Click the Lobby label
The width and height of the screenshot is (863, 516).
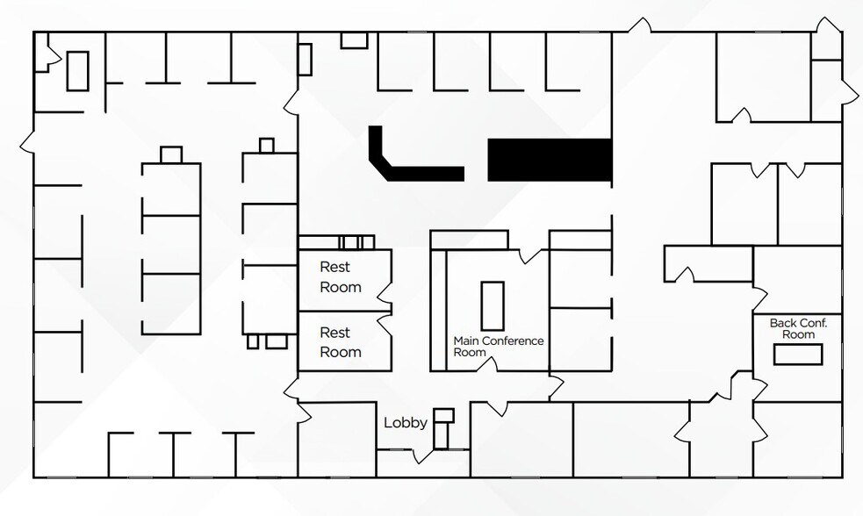pos(406,423)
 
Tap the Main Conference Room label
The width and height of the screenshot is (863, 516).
pos(498,347)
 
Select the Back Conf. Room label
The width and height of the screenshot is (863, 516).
pos(798,328)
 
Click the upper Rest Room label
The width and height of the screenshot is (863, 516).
pos(341,277)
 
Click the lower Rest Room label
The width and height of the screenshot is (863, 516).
pos(341,342)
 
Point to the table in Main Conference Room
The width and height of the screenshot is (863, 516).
pos(493,305)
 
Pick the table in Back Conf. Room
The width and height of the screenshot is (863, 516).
pos(797,355)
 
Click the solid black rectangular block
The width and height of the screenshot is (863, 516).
pos(549,161)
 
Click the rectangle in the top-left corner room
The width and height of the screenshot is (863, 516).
pos(78,70)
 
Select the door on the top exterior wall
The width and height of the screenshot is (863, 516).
pos(644,26)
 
